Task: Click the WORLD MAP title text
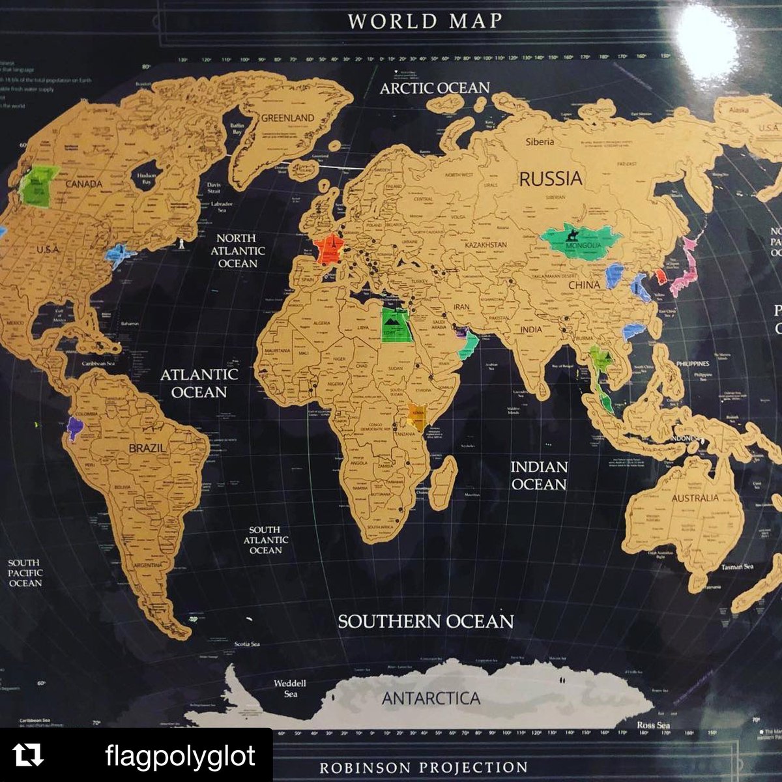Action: (x=425, y=20)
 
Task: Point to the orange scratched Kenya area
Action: (x=417, y=416)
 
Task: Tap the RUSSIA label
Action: (x=551, y=178)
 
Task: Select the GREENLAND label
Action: (x=287, y=118)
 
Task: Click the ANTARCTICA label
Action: (x=431, y=699)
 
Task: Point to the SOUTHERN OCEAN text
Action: (x=425, y=621)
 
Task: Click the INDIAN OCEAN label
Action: (x=538, y=475)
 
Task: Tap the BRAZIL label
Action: (x=147, y=448)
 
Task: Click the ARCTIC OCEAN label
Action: (x=435, y=87)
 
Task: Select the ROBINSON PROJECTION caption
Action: (x=423, y=767)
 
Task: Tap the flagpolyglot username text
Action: (x=180, y=756)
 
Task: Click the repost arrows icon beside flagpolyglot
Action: (x=29, y=755)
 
